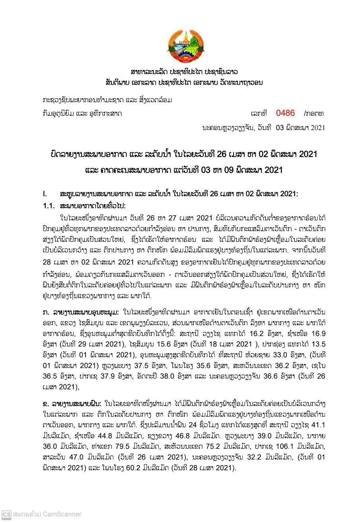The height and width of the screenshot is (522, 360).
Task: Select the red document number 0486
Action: (x=285, y=113)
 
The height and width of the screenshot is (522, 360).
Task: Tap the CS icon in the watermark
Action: (x=6, y=514)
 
